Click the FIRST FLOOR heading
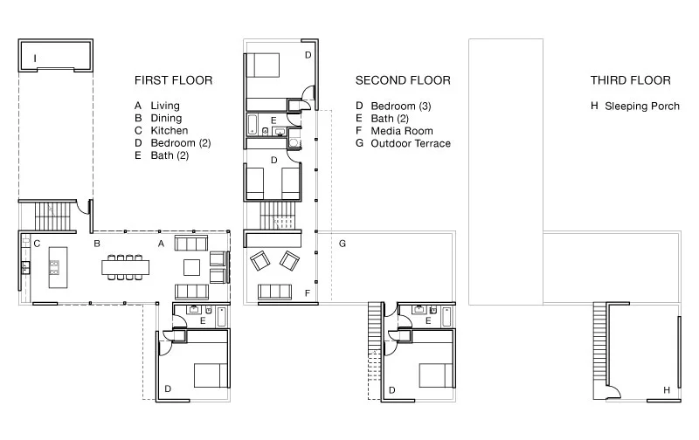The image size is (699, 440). pyautogui.click(x=173, y=80)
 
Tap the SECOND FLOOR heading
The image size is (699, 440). pyautogui.click(x=403, y=80)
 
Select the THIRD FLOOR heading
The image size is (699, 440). pyautogui.click(x=630, y=80)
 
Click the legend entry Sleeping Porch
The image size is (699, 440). pyautogui.click(x=642, y=107)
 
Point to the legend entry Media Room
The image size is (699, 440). pyautogui.click(x=402, y=131)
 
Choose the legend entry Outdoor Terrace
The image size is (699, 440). pyautogui.click(x=411, y=143)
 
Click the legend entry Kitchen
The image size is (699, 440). pyautogui.click(x=170, y=130)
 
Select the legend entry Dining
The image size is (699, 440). pyautogui.click(x=166, y=118)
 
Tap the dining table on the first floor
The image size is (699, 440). pyautogui.click(x=125, y=268)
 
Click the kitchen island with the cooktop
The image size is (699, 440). pyautogui.click(x=58, y=268)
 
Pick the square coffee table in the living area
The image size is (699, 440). pyautogui.click(x=192, y=268)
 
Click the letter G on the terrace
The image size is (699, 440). pyautogui.click(x=343, y=244)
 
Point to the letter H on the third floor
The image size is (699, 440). pyautogui.click(x=667, y=390)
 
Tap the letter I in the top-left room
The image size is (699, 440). pyautogui.click(x=35, y=58)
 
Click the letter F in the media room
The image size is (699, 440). pyautogui.click(x=308, y=293)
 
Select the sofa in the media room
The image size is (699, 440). pyautogui.click(x=274, y=292)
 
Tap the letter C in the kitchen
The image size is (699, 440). pyautogui.click(x=37, y=244)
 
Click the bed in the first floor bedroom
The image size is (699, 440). pyautogui.click(x=211, y=375)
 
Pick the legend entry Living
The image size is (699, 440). pyautogui.click(x=165, y=106)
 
